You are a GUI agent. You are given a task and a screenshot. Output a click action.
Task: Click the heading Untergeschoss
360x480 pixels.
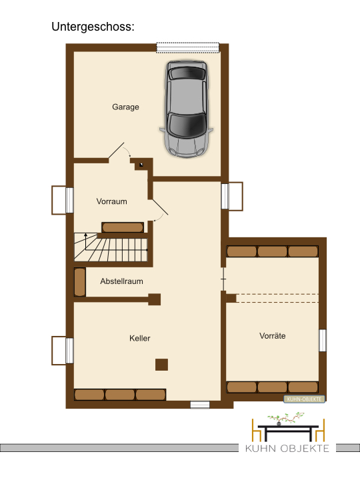[x=93, y=27]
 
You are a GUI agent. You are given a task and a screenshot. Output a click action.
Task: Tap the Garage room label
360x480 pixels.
[x=125, y=107]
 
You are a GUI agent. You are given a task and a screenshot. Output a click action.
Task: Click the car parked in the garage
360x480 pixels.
[x=186, y=109]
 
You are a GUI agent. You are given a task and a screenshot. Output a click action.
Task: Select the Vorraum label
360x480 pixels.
[x=112, y=201]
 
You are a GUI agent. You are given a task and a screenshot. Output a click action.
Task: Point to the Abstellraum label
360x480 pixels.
[x=121, y=281]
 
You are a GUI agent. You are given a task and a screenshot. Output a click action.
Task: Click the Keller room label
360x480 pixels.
[x=140, y=338]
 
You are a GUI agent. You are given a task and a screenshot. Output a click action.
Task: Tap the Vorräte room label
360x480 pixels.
[x=273, y=336]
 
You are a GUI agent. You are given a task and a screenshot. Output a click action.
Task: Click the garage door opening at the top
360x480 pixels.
[x=187, y=47]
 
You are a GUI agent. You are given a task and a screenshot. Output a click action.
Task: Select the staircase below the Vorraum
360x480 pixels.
[x=111, y=247]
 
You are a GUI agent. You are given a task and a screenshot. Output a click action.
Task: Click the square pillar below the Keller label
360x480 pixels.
[x=161, y=365]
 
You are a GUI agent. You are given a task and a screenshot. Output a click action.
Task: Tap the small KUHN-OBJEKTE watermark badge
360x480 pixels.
[x=304, y=399]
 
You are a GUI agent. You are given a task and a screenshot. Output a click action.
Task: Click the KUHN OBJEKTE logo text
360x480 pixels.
[x=287, y=449]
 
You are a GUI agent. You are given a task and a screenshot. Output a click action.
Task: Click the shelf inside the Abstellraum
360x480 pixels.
[x=80, y=282]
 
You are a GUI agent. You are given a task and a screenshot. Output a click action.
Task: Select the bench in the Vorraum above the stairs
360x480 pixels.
[x=123, y=227]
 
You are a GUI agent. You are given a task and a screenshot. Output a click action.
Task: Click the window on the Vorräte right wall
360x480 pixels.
[x=323, y=341]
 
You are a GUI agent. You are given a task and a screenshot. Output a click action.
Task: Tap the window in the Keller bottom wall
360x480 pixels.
[x=200, y=405]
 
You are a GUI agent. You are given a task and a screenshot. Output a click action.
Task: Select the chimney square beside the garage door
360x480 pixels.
[x=141, y=165]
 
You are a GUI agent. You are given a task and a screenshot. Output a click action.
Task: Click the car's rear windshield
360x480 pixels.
[x=187, y=73]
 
